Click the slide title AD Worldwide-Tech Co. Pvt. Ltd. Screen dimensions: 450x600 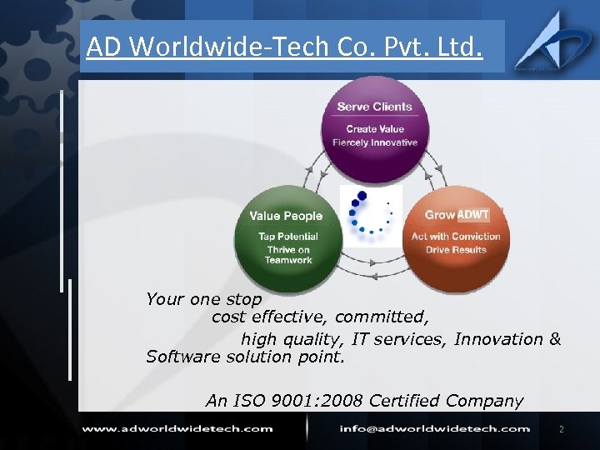pyautogui.click(x=284, y=47)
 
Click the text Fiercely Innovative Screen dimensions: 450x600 pyautogui.click(x=374, y=142)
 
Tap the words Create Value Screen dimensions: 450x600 pyautogui.click(x=374, y=128)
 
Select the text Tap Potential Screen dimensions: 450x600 pyautogui.click(x=288, y=236)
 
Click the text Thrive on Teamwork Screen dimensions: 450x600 pyautogui.click(x=288, y=255)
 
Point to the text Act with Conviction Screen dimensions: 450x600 pyautogui.click(x=456, y=236)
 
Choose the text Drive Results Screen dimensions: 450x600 pyautogui.click(x=456, y=249)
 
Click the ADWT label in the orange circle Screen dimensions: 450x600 pyautogui.click(x=473, y=214)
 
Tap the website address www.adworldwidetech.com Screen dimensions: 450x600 pyautogui.click(x=177, y=428)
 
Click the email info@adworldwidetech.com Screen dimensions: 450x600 pyautogui.click(x=434, y=428)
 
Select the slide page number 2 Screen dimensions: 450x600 pyautogui.click(x=561, y=429)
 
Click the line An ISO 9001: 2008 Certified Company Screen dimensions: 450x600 pyautogui.click(x=364, y=401)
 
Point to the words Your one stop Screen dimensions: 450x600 pyautogui.click(x=203, y=298)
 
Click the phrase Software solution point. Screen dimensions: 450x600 pyautogui.click(x=244, y=357)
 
